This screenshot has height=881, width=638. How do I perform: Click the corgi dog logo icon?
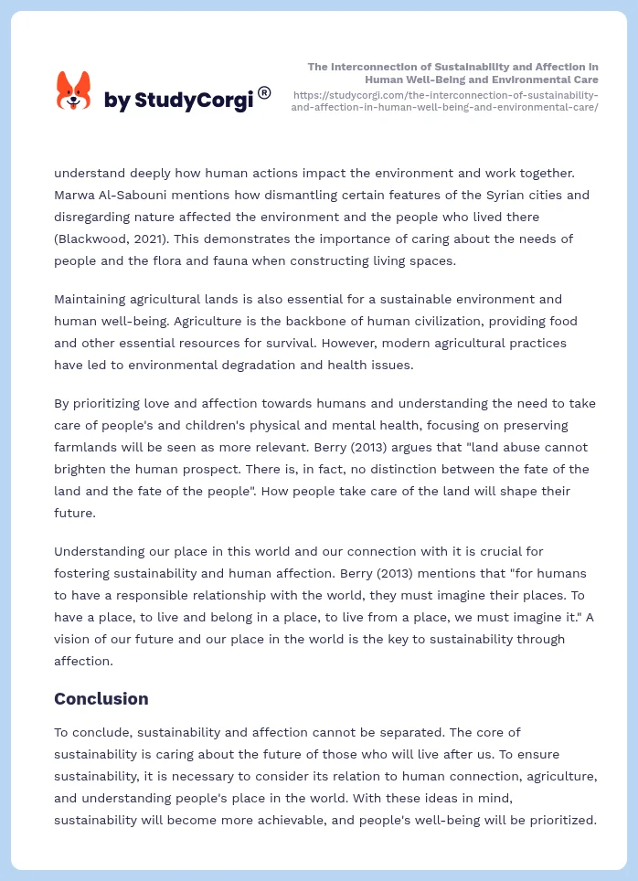pos(74,91)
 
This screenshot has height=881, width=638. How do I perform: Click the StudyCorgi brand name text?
pos(178,101)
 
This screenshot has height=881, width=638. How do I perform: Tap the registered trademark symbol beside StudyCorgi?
pos(264,92)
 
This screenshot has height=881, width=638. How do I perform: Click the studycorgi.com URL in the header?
pos(444,101)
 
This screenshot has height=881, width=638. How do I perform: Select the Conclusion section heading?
pos(101,699)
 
